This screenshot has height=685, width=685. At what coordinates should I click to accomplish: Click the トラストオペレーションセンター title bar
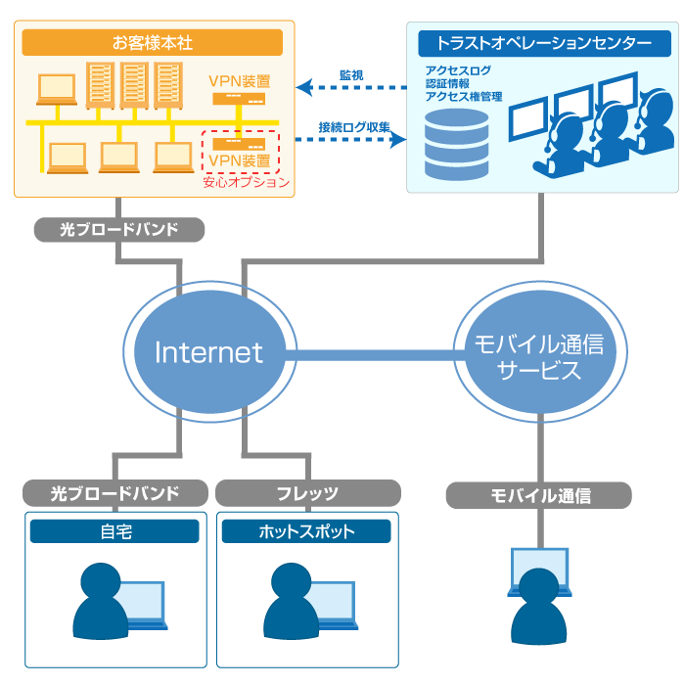point(544,43)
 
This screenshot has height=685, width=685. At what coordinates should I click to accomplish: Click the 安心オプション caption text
point(246,182)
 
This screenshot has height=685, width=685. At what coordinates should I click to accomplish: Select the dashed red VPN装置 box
point(240,151)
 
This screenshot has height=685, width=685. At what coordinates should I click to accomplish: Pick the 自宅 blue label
point(114,531)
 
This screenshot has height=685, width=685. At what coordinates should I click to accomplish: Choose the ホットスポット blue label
point(306,531)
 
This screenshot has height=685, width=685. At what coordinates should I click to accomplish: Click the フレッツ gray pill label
point(307,493)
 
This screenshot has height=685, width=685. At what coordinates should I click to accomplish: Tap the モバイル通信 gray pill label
point(539,495)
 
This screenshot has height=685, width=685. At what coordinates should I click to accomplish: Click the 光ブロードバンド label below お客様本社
point(119,230)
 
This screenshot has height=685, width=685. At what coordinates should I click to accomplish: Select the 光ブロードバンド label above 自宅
point(115,493)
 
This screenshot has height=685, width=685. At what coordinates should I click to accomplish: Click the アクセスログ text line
point(458,70)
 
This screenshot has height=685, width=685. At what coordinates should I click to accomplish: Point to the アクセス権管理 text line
point(464,97)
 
